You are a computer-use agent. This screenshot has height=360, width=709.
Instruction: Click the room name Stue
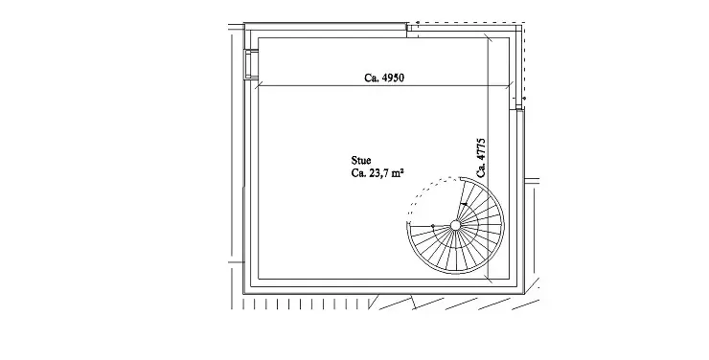(x=361, y=160)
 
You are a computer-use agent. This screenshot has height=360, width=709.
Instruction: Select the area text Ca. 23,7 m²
(x=377, y=172)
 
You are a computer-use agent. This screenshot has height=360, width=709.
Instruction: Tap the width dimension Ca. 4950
(x=384, y=78)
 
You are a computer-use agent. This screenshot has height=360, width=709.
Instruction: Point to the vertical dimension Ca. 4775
(x=481, y=158)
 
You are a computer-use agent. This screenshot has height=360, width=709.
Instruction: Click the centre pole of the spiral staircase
(x=455, y=225)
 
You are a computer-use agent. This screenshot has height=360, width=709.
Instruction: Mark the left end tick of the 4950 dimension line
(x=258, y=85)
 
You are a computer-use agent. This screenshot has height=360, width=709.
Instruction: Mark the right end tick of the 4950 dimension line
(x=510, y=85)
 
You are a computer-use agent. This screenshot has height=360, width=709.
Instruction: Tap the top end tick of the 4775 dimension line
(x=489, y=37)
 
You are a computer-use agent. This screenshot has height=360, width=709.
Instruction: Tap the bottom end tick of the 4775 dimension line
(x=489, y=280)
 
